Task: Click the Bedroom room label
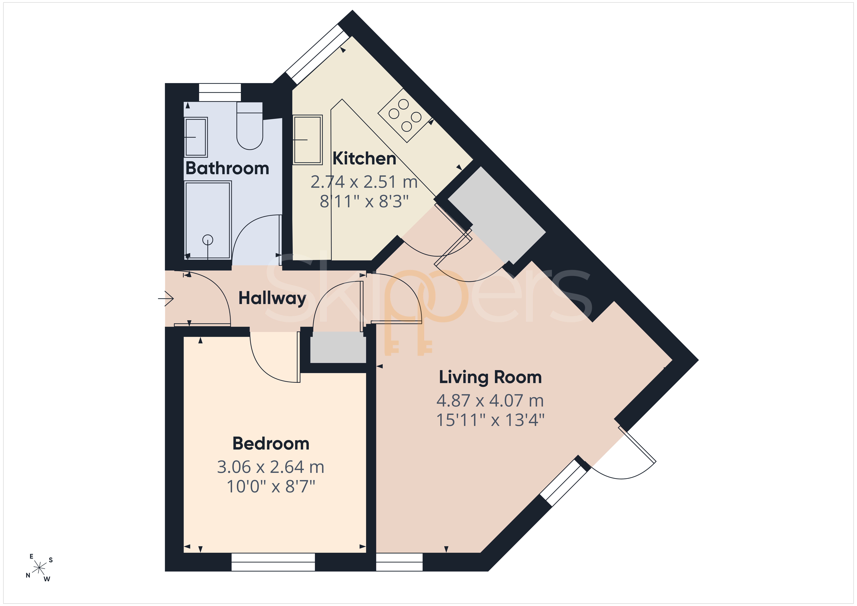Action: pyautogui.click(x=271, y=444)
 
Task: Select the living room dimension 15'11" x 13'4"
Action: pyautogui.click(x=490, y=420)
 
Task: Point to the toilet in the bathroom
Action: pyautogui.click(x=250, y=126)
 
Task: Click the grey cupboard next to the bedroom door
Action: pyautogui.click(x=338, y=347)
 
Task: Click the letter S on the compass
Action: pyautogui.click(x=51, y=560)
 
